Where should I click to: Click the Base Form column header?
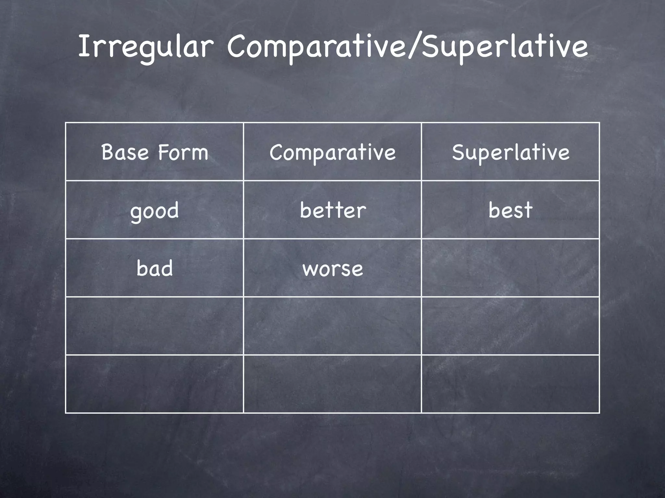point(155,152)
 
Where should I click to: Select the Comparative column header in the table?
point(332,152)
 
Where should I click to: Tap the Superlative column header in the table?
point(510,152)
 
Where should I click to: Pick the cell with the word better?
point(332,210)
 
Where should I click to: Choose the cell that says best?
point(510,210)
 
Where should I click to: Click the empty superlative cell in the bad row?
point(510,268)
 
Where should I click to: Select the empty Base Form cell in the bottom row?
point(155,384)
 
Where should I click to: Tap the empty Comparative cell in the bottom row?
point(332,384)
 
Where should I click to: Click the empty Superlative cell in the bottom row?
point(510,384)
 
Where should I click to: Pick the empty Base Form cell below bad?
point(155,326)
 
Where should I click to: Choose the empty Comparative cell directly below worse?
point(332,326)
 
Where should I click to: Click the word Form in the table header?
point(183,152)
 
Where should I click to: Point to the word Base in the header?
point(125,152)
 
